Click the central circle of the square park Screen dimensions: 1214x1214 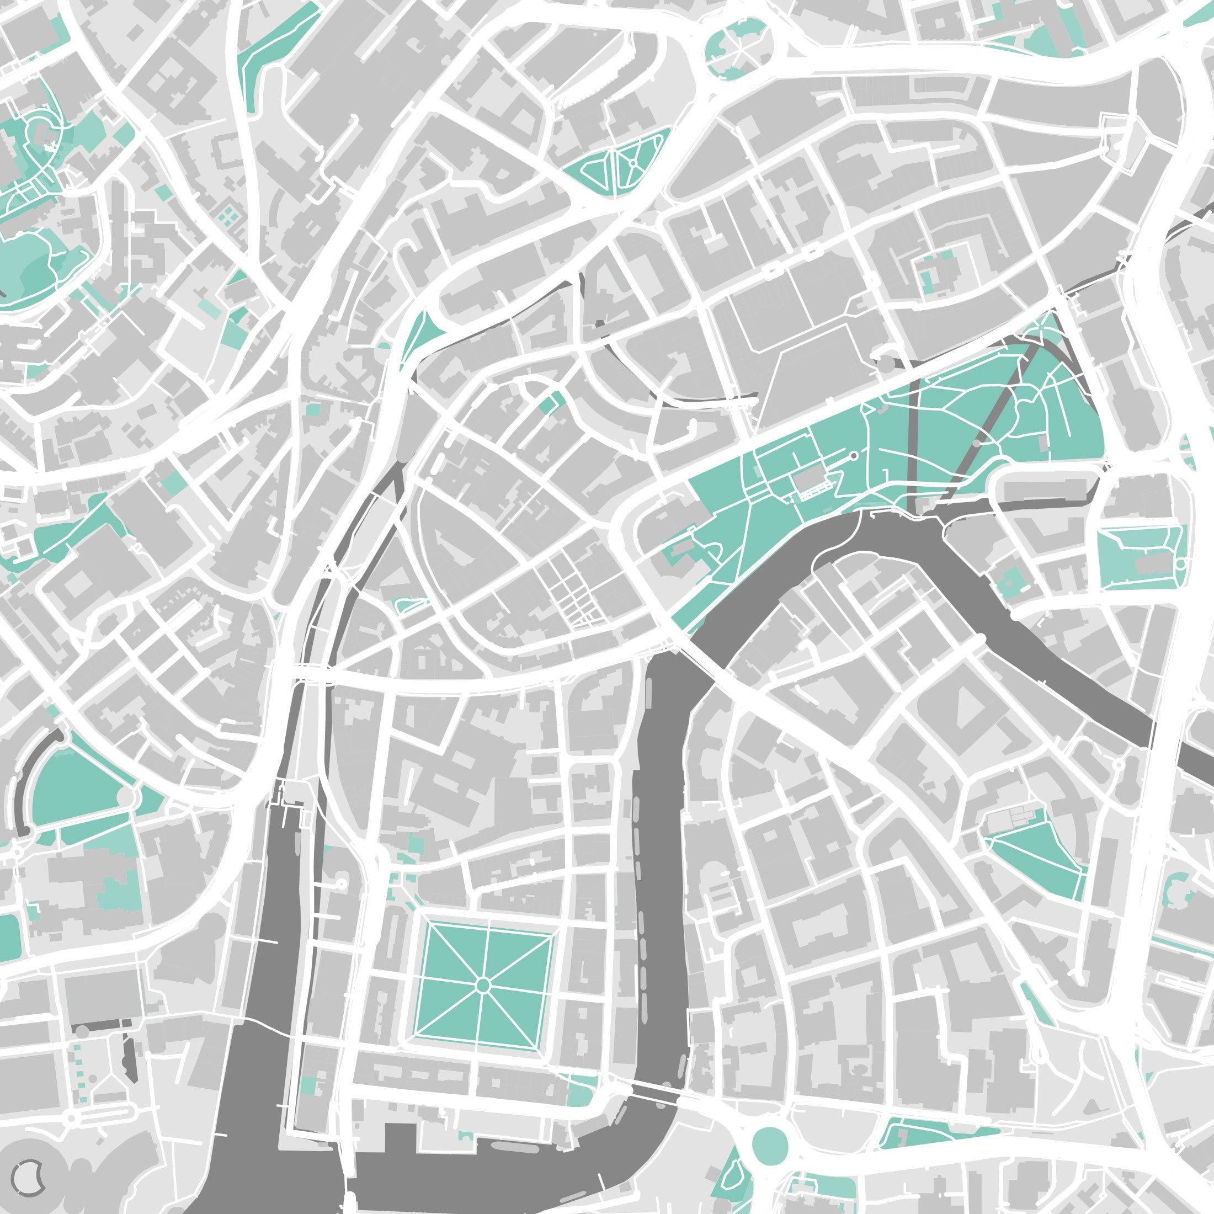point(483,984)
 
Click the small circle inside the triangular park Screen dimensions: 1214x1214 point(633,163)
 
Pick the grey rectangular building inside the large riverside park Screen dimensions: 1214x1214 point(810,481)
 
